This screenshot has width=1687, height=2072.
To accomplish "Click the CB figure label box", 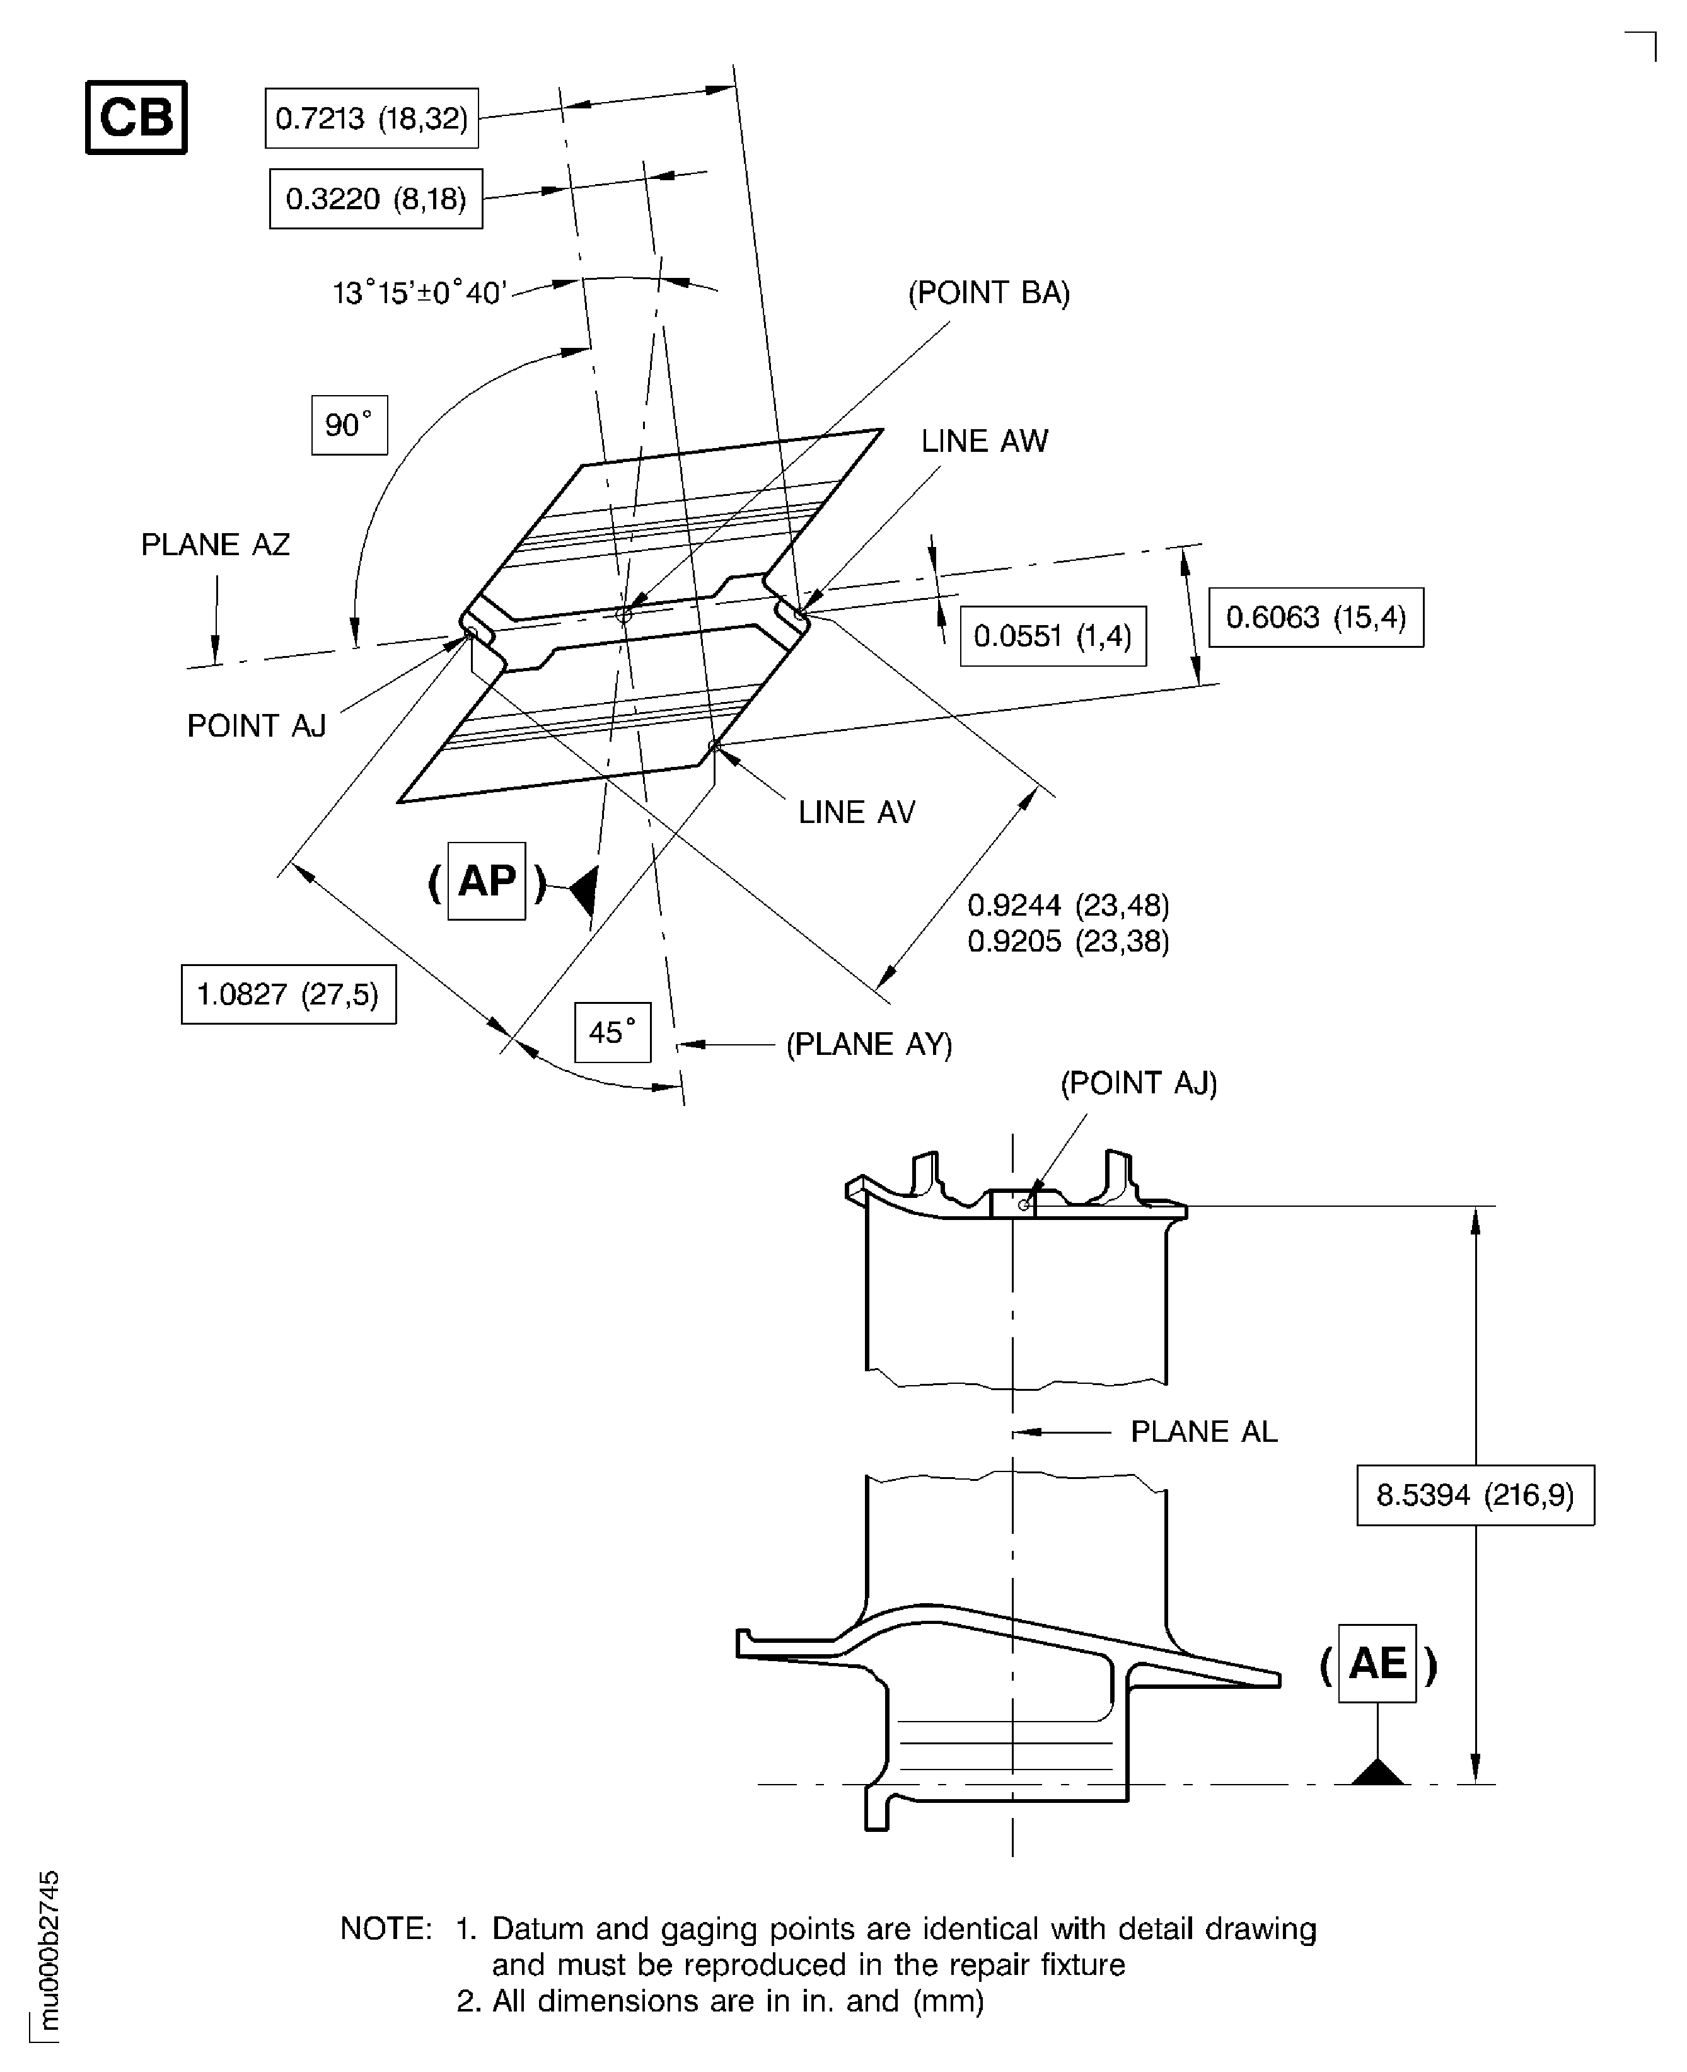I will (x=136, y=118).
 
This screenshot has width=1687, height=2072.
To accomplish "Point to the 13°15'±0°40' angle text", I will (x=420, y=292).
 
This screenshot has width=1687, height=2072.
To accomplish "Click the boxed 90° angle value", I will (x=349, y=425).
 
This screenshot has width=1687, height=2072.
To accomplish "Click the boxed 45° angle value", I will (x=612, y=1032).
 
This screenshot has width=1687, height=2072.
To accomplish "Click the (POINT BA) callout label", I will (x=988, y=292).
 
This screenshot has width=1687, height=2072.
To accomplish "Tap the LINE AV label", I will (x=856, y=812).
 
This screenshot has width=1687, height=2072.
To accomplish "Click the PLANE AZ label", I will (x=215, y=544).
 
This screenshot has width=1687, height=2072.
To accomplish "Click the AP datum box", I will (x=486, y=881).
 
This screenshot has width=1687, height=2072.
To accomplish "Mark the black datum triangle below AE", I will (x=1377, y=1773).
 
